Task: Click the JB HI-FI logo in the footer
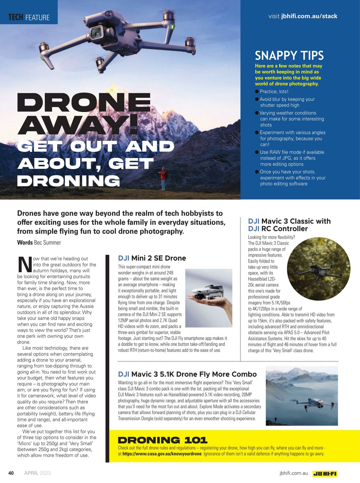click(x=325, y=473)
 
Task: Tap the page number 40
click(x=11, y=473)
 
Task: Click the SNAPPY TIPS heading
click(x=289, y=55)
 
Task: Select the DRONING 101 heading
click(x=162, y=440)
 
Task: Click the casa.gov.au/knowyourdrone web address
click(x=162, y=454)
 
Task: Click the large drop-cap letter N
click(x=24, y=264)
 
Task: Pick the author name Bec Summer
click(x=48, y=243)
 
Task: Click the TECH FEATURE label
click(x=29, y=17)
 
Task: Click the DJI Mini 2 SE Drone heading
click(x=152, y=258)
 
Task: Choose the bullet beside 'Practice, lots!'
click(x=257, y=92)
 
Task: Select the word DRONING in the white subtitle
click(x=69, y=181)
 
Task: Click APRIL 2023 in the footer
click(x=37, y=473)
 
